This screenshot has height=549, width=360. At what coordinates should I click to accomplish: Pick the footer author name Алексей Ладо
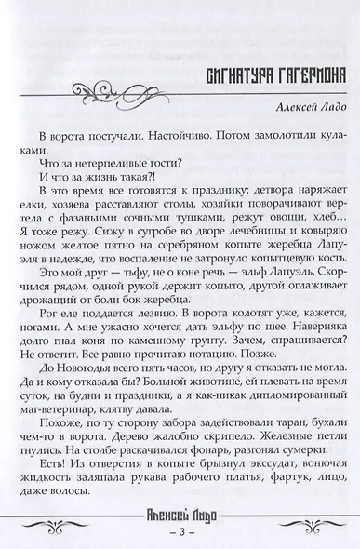coord(180,512)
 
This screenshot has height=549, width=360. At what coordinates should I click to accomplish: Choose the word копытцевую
coord(286,255)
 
